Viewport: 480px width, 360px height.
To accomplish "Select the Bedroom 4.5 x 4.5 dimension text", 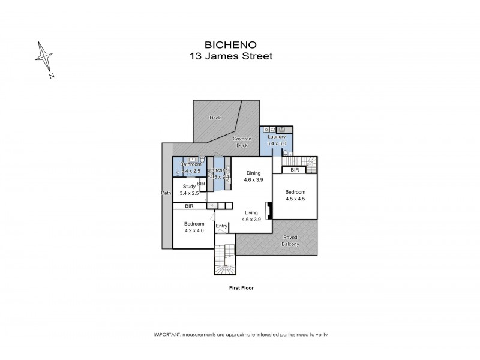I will (295, 199).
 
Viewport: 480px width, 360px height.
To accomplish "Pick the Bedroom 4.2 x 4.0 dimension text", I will (194, 230).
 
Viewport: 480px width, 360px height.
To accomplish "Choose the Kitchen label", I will (219, 170).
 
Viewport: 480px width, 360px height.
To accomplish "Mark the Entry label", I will (221, 226).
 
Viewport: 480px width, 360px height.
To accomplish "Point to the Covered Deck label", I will (242, 142).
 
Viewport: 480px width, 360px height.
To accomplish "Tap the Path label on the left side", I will (167, 193).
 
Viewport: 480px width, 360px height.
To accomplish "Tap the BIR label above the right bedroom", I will (295, 170).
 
